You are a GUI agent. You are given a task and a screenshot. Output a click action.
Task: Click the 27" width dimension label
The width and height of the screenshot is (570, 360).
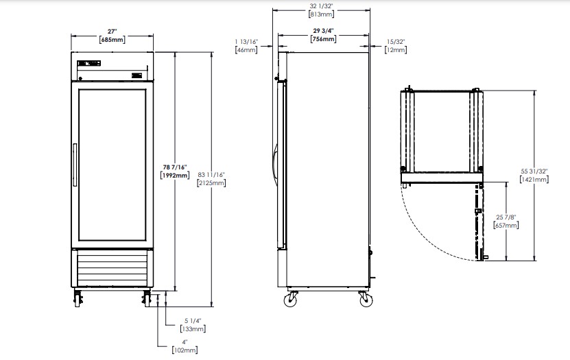click(112, 32)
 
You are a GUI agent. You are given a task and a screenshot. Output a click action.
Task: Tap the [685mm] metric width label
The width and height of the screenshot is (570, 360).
click(112, 40)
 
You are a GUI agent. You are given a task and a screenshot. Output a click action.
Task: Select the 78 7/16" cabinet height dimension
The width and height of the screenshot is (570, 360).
click(175, 167)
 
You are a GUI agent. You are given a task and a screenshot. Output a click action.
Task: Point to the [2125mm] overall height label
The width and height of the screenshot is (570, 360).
click(211, 182)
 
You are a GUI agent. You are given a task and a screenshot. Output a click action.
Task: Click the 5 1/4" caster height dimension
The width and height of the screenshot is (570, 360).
click(193, 321)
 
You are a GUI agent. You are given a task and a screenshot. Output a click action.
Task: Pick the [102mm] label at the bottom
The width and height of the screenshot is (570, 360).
click(185, 350)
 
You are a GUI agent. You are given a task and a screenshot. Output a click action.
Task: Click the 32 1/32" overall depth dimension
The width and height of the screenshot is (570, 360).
click(321, 6)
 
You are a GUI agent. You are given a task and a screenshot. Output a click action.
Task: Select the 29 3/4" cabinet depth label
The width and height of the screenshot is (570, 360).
click(323, 31)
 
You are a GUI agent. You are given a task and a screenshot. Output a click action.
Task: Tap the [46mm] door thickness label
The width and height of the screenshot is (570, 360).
click(246, 50)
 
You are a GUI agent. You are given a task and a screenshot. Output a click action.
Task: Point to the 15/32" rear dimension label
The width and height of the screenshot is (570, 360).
click(396, 42)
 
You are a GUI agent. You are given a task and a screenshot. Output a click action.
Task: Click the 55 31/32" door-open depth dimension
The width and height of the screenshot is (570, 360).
click(534, 171)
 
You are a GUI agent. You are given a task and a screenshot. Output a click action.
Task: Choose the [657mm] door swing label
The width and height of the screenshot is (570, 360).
click(506, 225)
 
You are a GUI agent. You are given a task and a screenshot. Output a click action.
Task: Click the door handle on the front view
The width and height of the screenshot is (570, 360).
click(75, 165)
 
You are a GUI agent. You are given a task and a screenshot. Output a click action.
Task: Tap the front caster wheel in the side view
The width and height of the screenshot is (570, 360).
click(292, 300)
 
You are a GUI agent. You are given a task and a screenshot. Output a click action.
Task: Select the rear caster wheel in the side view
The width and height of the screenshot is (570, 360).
click(366, 300)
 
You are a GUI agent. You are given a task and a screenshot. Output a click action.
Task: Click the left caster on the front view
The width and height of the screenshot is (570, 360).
click(78, 298)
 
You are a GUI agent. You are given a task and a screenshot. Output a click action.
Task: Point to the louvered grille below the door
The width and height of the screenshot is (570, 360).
click(112, 268)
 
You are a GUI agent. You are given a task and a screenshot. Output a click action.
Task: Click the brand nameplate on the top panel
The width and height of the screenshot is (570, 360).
click(89, 64)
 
